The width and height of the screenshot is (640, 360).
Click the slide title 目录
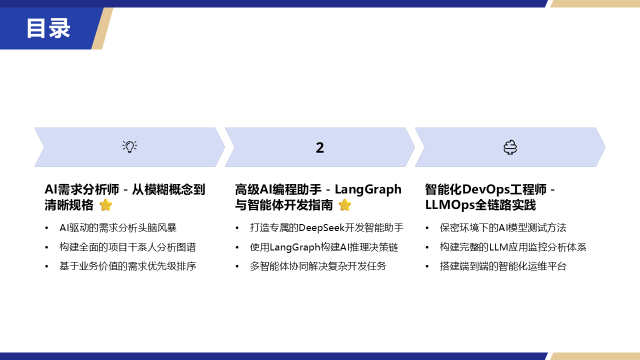pos(48,28)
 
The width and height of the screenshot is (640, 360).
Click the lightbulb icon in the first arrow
pos(129,147)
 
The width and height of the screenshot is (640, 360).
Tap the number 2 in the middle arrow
pos(319,147)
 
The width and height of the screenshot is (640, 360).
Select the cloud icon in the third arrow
pos(510,147)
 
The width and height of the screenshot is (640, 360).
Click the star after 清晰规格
pos(105,205)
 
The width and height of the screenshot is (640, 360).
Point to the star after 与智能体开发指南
pos(345,205)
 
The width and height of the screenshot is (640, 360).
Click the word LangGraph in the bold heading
pos(368,189)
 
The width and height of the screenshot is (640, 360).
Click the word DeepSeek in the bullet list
pos(321,227)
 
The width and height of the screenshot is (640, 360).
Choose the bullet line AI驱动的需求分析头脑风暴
pos(118,227)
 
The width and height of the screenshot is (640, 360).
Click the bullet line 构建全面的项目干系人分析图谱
pos(127,247)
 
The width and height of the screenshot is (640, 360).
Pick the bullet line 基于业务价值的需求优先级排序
pos(127,266)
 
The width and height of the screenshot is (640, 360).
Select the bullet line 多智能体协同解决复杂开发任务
pos(318,266)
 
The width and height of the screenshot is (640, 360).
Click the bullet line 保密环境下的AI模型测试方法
pos(503,227)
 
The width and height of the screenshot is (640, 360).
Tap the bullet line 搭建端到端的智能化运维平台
pos(503,266)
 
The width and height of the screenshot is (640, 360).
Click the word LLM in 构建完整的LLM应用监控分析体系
pos(498,247)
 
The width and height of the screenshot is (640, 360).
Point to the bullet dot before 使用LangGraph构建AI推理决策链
pos(237,247)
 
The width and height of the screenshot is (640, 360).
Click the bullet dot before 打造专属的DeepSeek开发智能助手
pos(237,228)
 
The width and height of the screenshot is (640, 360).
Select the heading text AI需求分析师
pos(81,189)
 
